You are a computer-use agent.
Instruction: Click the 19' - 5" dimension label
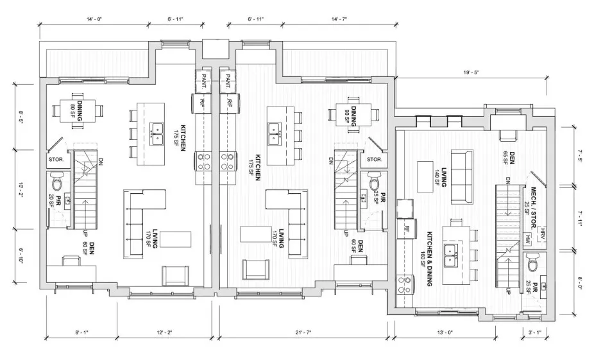tap(471, 73)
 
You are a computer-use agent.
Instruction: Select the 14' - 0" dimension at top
tap(94, 19)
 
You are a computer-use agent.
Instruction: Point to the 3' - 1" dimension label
tap(534, 332)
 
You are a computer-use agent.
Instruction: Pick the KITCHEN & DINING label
tap(427, 259)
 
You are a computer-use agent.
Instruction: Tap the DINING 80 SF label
tap(77, 110)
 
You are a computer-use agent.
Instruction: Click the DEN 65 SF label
tap(509, 158)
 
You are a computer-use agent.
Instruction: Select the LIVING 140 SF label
tap(441, 177)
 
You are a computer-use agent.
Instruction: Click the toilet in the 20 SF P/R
tap(58, 181)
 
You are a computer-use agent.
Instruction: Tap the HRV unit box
tap(542, 232)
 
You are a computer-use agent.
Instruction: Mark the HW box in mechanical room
tap(528, 238)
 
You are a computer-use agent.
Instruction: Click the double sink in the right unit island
tap(451, 255)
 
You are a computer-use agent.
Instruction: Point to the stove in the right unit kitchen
tap(405, 285)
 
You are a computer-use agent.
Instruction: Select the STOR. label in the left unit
tap(56, 160)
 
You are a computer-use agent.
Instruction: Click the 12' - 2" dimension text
tap(164, 332)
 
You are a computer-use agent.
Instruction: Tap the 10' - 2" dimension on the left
tap(21, 189)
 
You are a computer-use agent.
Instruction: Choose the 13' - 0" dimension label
tap(445, 332)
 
